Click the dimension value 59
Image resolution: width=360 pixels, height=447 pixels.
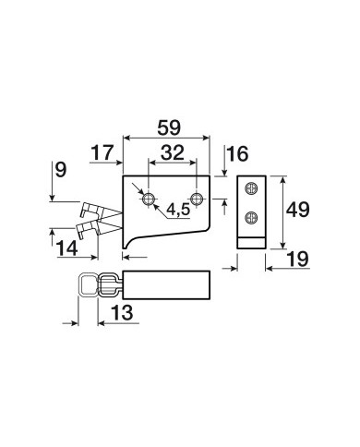click(x=169, y=127)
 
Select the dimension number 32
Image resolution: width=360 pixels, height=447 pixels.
click(x=173, y=152)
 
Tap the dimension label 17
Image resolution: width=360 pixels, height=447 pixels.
click(x=102, y=152)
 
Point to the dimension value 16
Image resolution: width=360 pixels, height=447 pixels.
click(x=237, y=154)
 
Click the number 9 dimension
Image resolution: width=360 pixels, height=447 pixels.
click(x=61, y=170)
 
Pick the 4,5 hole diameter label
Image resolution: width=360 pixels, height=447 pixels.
click(x=178, y=210)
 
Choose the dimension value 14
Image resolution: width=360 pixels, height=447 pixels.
click(x=66, y=248)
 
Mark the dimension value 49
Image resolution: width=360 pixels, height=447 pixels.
click(x=297, y=211)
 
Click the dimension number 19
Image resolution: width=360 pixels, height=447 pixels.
click(x=297, y=259)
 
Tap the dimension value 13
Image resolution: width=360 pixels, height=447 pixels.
click(x=122, y=312)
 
